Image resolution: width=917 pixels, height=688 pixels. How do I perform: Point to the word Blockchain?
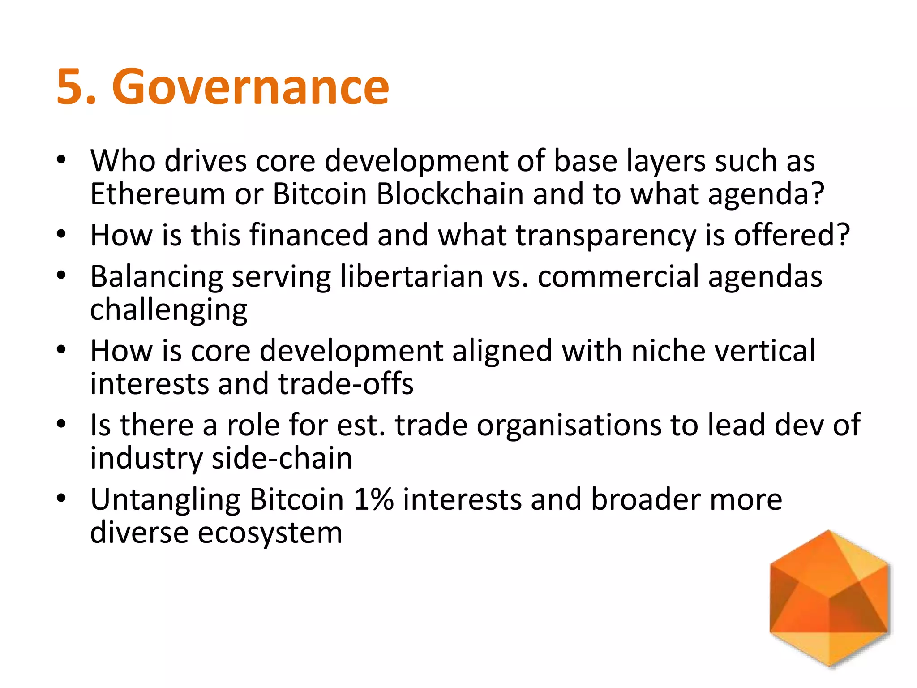coord(450,194)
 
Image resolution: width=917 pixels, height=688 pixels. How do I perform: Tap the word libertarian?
coord(411,276)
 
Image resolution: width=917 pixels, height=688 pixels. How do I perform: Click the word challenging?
coord(168,310)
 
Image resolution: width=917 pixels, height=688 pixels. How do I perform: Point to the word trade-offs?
coord(346,384)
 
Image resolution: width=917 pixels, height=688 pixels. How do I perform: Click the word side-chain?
coord(282,458)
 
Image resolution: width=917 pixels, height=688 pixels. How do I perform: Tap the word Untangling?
coord(165,500)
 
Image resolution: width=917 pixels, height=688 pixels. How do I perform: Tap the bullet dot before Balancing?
coord(62,275)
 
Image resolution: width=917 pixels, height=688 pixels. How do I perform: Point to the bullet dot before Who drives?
coord(62,159)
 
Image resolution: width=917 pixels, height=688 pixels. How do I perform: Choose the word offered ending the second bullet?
coord(791,235)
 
